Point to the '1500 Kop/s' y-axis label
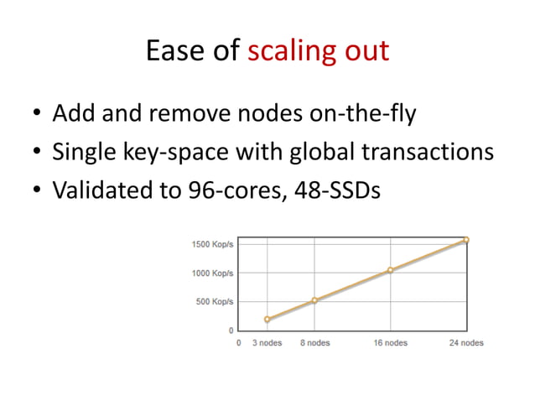212,244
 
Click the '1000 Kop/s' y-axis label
212,273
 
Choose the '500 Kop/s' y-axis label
215,301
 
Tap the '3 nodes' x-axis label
267,343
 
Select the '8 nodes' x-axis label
314,343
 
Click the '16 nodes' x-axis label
390,343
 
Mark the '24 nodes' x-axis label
465,343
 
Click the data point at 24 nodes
466,240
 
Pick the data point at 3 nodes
267,320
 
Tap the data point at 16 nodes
391,270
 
